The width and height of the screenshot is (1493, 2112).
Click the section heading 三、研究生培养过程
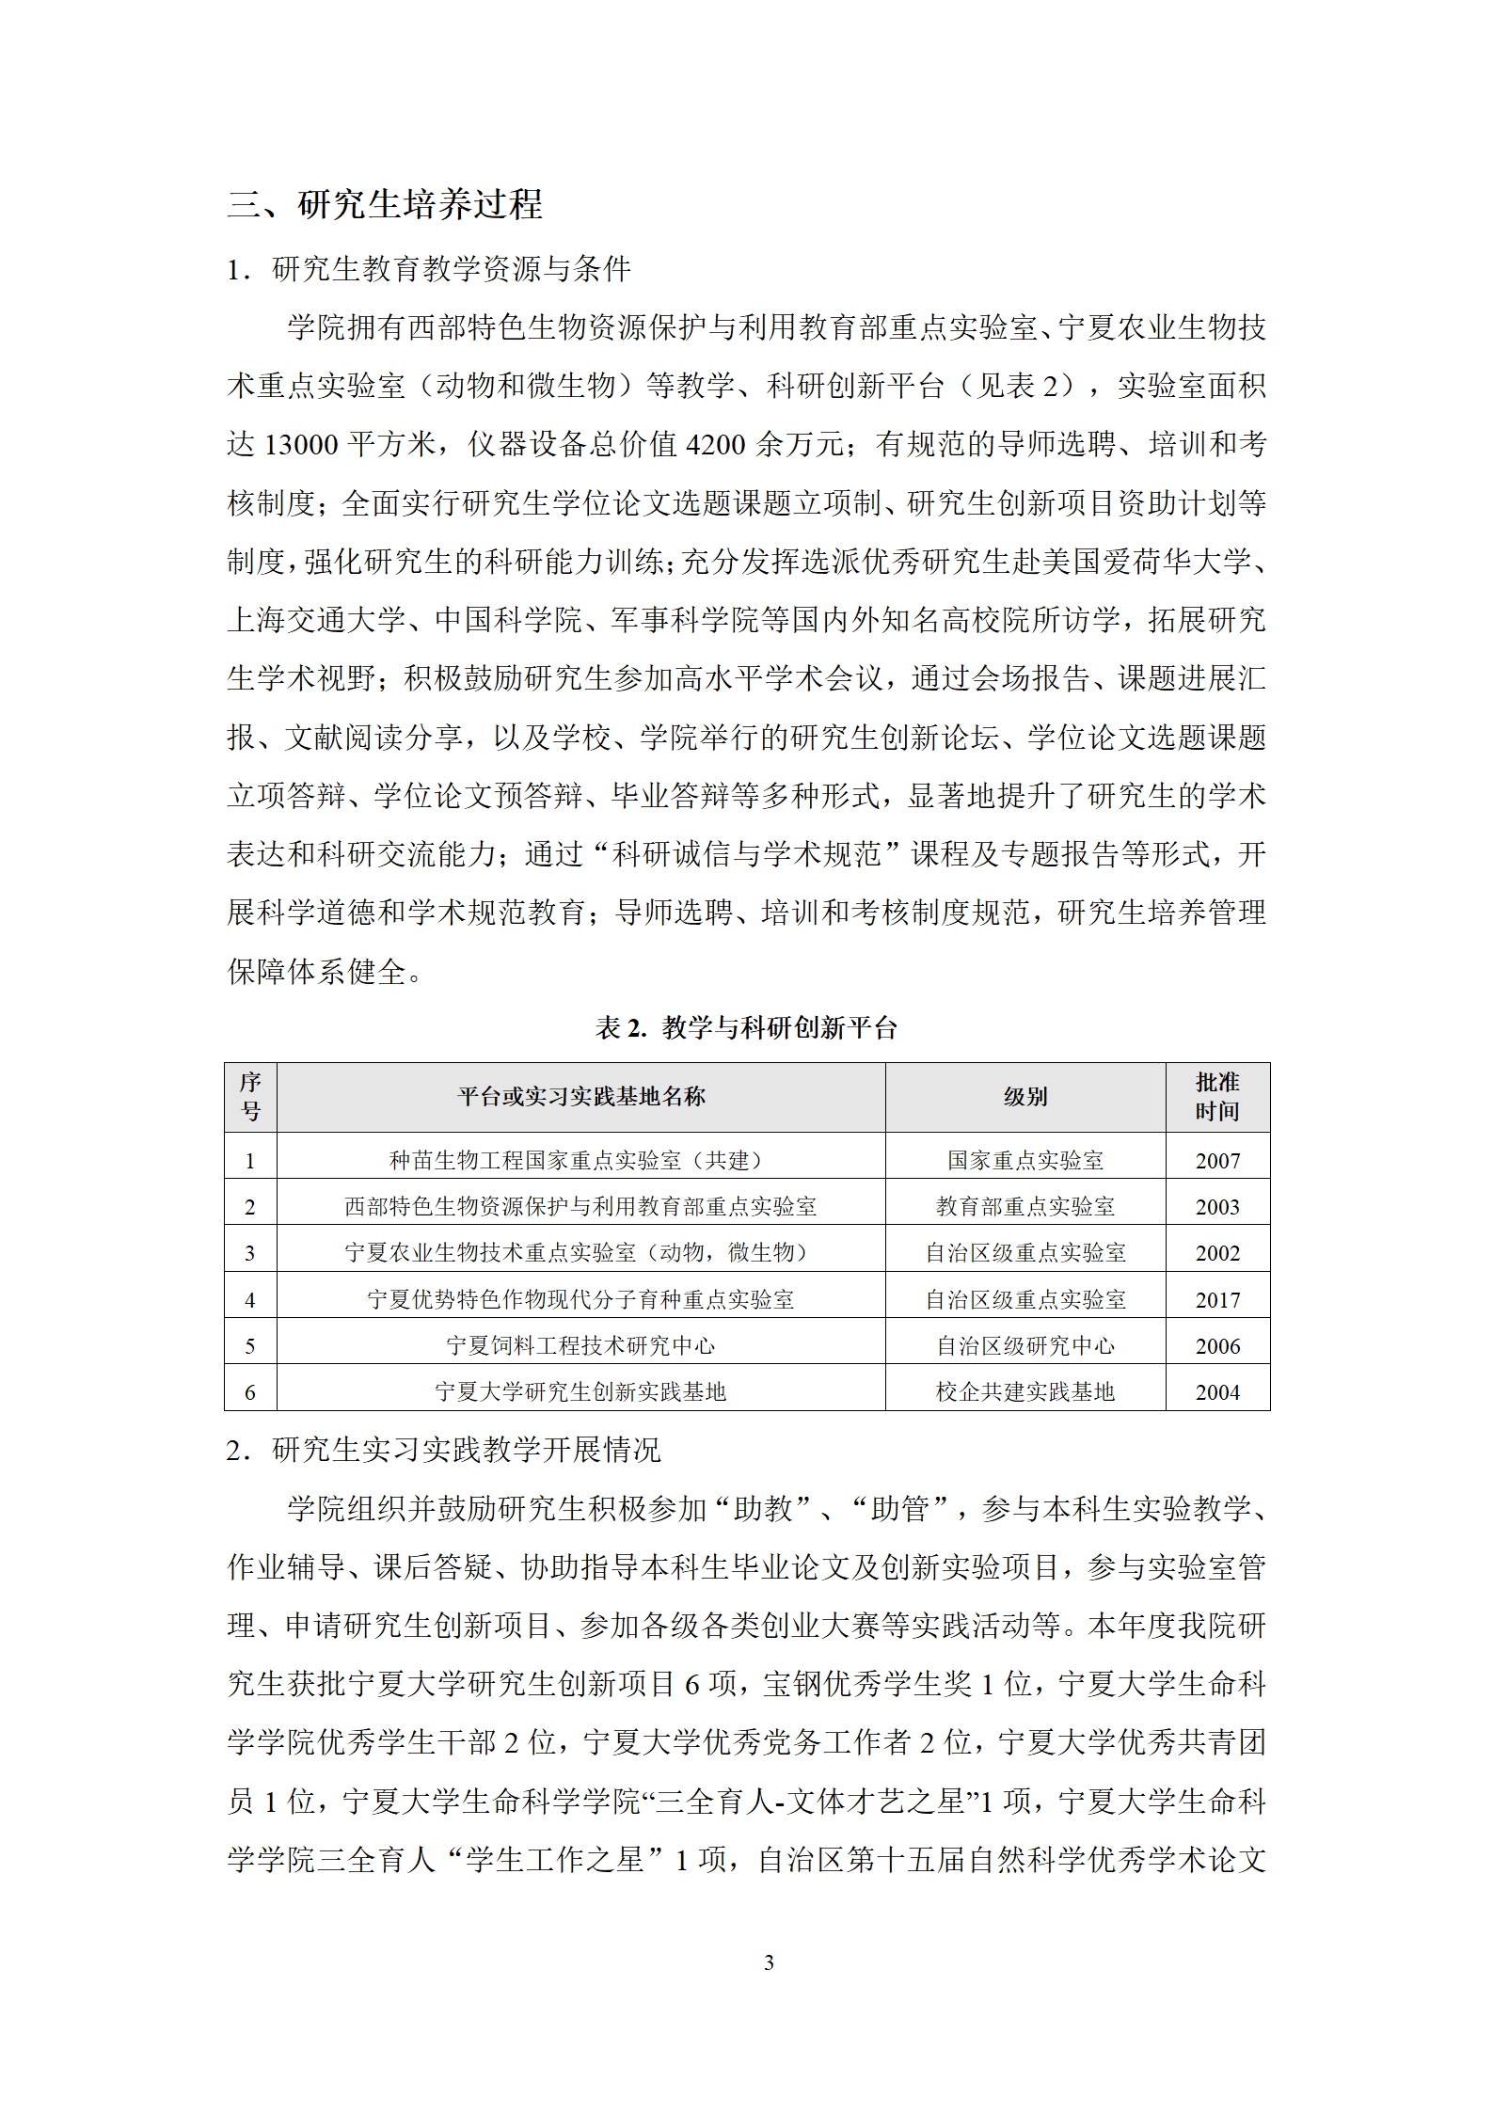[384, 204]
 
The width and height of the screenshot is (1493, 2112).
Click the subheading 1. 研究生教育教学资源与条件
[428, 270]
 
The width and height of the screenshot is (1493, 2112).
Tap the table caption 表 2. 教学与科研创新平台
[746, 1027]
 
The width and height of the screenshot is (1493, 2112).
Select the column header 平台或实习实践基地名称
[580, 1097]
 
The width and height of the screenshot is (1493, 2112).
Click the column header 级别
[1024, 1097]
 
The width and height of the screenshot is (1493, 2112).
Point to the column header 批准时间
[1216, 1097]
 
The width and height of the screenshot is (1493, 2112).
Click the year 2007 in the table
[1217, 1161]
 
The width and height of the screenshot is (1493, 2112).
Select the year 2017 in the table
[1217, 1300]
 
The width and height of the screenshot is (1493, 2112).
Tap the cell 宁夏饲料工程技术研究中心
[580, 1346]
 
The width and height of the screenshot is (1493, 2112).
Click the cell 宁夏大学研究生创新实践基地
[580, 1392]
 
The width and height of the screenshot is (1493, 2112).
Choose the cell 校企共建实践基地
[1024, 1392]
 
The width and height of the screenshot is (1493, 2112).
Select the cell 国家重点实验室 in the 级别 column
[1024, 1161]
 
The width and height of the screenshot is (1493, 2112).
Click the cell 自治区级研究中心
[1024, 1346]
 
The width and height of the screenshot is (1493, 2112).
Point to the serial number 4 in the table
[250, 1300]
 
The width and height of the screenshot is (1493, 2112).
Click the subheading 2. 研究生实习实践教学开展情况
[443, 1450]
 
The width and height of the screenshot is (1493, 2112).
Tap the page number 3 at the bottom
[769, 1962]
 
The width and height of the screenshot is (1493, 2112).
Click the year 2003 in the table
[1217, 1207]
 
